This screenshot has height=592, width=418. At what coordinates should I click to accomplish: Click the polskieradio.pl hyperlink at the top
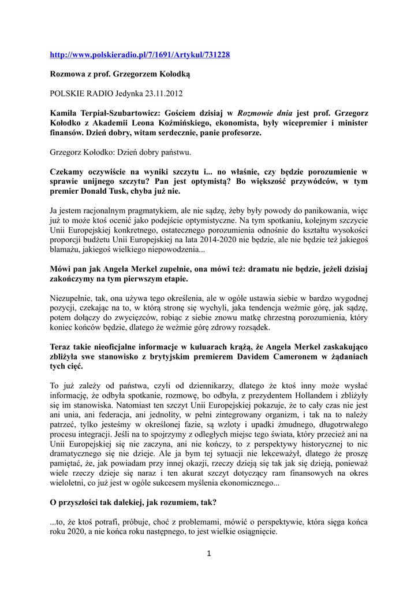(140, 55)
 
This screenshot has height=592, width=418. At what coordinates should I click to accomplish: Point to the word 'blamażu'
(66, 250)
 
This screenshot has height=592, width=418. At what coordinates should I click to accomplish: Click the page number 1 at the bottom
(208, 554)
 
